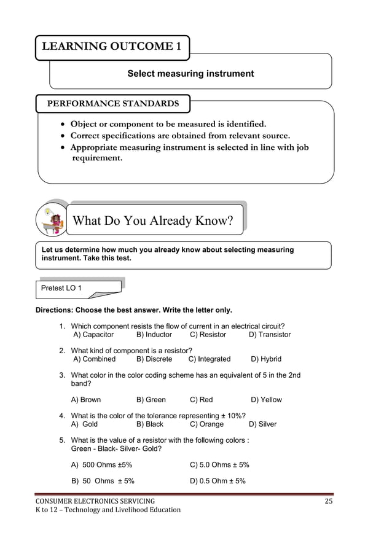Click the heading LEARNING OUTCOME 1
(112, 47)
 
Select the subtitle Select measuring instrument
(190, 74)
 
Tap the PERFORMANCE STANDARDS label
(113, 104)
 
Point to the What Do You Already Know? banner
(153, 220)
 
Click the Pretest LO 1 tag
(61, 288)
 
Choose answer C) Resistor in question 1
(208, 335)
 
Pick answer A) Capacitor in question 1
(93, 335)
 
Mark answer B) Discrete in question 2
(154, 359)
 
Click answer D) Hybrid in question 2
(266, 359)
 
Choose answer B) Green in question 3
(151, 400)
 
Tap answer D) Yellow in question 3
(266, 400)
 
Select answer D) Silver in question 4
(262, 424)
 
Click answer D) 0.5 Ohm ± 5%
(218, 481)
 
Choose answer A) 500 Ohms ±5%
(102, 465)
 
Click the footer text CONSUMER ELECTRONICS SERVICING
(95, 502)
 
